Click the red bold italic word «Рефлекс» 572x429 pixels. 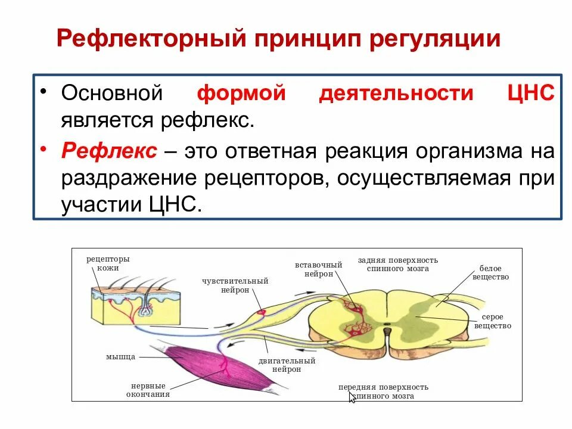[x=109, y=151]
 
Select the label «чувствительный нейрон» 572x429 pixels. [x=235, y=285]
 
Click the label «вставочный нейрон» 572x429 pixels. [x=318, y=268]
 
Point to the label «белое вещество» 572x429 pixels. [x=490, y=273]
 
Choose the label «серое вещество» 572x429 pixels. [x=493, y=322]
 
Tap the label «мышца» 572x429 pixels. [x=121, y=356]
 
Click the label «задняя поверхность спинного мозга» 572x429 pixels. [x=397, y=264]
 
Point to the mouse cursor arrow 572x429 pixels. [x=352, y=397]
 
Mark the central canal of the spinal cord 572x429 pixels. [x=387, y=326]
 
